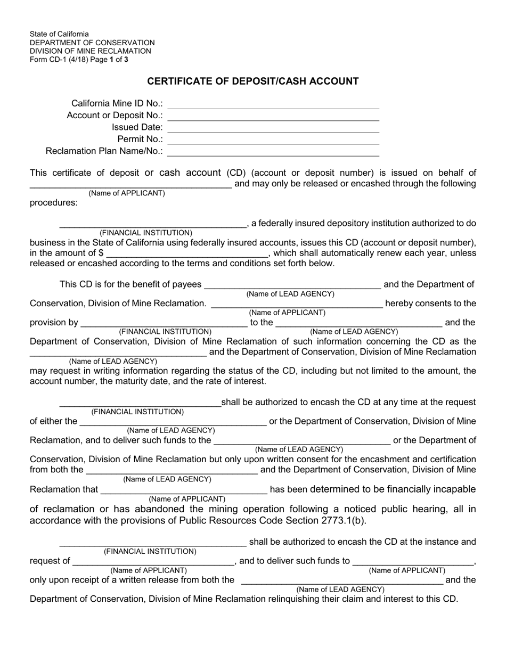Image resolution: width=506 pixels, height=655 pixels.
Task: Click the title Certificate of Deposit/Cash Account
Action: [x=252, y=81]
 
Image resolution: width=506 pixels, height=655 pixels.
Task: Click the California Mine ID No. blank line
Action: [x=273, y=105]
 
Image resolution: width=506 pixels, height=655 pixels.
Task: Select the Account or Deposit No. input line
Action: [x=273, y=117]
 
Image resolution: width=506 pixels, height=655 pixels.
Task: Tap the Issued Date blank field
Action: [x=273, y=128]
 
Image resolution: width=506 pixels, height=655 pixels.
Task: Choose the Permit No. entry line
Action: [x=273, y=140]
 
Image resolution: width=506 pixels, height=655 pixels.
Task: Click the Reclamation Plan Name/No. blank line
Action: [x=273, y=152]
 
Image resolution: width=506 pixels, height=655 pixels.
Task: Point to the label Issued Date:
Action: [x=137, y=127]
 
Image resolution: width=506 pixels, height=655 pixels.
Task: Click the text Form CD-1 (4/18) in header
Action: [x=59, y=60]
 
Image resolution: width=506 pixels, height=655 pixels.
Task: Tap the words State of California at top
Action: [x=59, y=34]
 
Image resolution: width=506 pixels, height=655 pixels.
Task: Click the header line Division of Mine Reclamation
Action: [x=90, y=51]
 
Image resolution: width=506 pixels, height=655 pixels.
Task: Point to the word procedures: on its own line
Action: [x=53, y=202]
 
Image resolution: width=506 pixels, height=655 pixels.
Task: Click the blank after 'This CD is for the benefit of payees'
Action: [x=292, y=285]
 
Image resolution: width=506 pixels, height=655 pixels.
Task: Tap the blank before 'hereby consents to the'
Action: [x=297, y=304]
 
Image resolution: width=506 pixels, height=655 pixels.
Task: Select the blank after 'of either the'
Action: [x=172, y=422]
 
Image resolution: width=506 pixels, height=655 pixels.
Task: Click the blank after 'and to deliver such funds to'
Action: [x=413, y=561]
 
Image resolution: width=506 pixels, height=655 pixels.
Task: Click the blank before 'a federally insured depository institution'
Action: [x=152, y=224]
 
